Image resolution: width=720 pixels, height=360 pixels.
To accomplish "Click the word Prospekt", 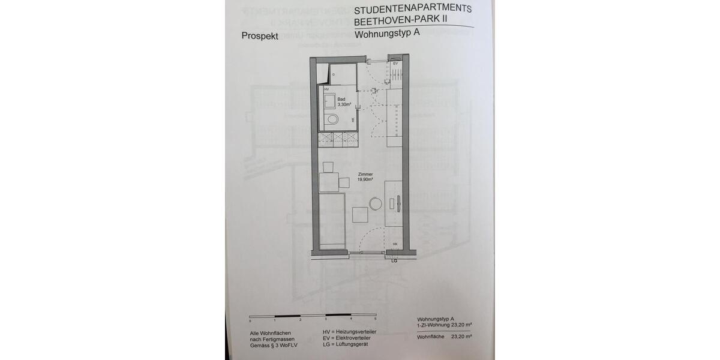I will (x=259, y=36).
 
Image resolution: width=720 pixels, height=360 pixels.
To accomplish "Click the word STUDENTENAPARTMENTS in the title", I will (x=413, y=10).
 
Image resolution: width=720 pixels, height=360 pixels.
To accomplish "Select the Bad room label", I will (x=341, y=99).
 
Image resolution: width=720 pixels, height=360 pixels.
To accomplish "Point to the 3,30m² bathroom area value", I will (x=344, y=104).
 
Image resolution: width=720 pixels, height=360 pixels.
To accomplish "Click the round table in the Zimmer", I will (x=376, y=204).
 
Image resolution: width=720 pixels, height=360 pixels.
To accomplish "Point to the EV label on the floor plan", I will (x=395, y=64).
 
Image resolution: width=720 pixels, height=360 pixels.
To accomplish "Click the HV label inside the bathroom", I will (x=326, y=89).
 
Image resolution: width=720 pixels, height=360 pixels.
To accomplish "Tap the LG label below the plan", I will (x=394, y=261).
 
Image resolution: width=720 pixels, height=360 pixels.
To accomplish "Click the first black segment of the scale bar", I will (x=287, y=316).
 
